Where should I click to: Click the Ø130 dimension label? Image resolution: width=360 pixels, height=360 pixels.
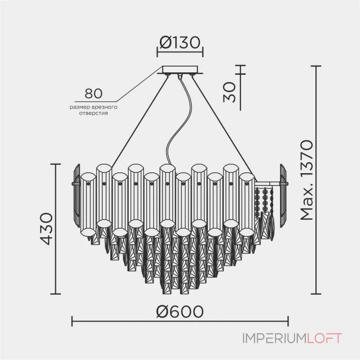tap(180, 42)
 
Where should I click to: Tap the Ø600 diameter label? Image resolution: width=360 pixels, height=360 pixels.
tap(180, 311)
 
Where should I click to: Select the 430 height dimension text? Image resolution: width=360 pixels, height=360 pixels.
tap(46, 229)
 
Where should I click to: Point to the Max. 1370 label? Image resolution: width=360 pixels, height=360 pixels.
tap(307, 180)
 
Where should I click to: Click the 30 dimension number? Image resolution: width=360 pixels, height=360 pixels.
tap(229, 92)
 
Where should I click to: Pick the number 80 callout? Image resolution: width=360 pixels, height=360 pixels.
tap(94, 94)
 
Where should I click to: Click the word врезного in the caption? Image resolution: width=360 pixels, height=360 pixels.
tap(104, 107)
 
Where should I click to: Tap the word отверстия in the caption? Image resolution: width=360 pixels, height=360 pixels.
tap(94, 113)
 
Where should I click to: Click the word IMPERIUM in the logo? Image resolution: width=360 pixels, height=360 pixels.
tap(274, 338)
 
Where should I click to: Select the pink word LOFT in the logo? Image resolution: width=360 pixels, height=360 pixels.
tap(324, 338)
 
